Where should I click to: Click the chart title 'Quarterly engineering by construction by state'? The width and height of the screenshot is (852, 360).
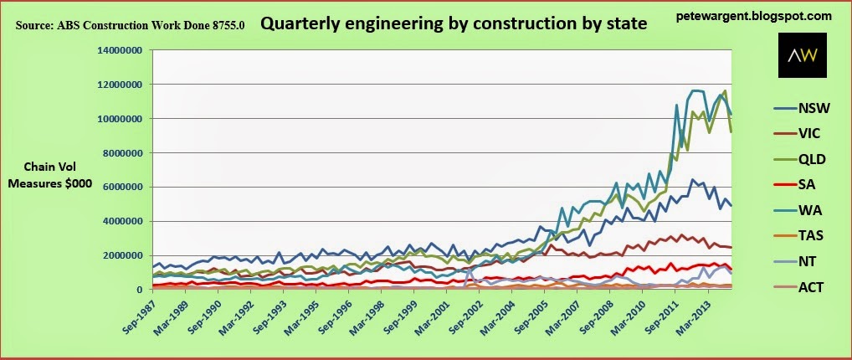pyautogui.click(x=454, y=23)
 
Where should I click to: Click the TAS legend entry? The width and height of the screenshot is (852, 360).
pyautogui.click(x=799, y=237)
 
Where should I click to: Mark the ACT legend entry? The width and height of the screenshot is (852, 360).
pyautogui.click(x=799, y=287)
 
